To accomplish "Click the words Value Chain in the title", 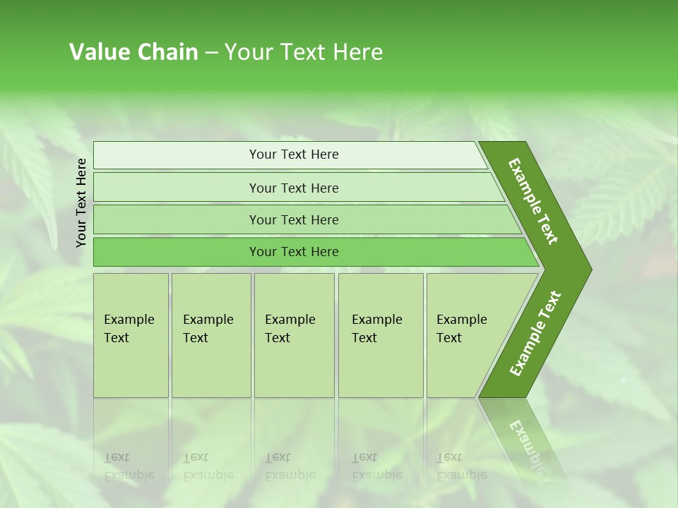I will pyautogui.click(x=133, y=52).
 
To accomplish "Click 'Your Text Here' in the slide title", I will pyautogui.click(x=304, y=52).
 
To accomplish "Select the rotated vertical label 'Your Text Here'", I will pyautogui.click(x=81, y=202).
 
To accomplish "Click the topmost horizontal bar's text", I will pyautogui.click(x=294, y=155).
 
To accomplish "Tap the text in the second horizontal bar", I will pyautogui.click(x=294, y=188).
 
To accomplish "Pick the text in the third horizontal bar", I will pyautogui.click(x=294, y=220).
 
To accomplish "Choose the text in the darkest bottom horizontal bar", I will pyautogui.click(x=294, y=252).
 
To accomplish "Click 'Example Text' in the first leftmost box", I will pyautogui.click(x=129, y=329).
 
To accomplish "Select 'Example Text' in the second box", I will pyautogui.click(x=208, y=329).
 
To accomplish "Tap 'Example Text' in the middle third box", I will pyautogui.click(x=290, y=329).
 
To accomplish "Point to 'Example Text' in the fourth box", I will pyautogui.click(x=376, y=329).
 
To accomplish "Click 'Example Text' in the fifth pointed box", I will pyautogui.click(x=461, y=329).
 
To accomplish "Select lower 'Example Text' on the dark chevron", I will pyautogui.click(x=535, y=334).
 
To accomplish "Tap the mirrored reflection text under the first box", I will pyautogui.click(x=129, y=466).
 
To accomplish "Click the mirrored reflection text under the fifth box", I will pyautogui.click(x=461, y=466).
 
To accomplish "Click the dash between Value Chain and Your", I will pyautogui.click(x=211, y=53).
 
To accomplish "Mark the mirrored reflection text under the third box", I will pyautogui.click(x=290, y=466).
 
